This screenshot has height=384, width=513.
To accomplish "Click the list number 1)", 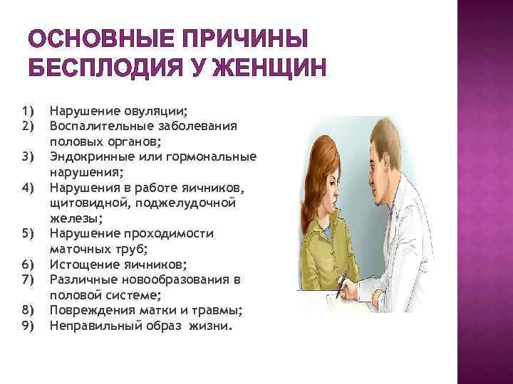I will (x=28, y=111).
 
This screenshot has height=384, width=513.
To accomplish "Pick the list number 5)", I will (x=28, y=234).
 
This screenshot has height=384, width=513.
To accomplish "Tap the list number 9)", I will (x=28, y=326).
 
